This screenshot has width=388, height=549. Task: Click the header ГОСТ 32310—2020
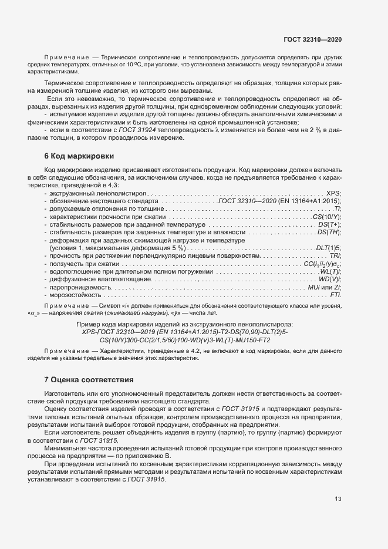[x=313, y=39]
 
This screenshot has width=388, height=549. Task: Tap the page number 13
[x=338, y=499]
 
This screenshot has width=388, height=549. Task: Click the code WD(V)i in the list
[x=330, y=279]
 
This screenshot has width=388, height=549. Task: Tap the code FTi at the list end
[x=336, y=295]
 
